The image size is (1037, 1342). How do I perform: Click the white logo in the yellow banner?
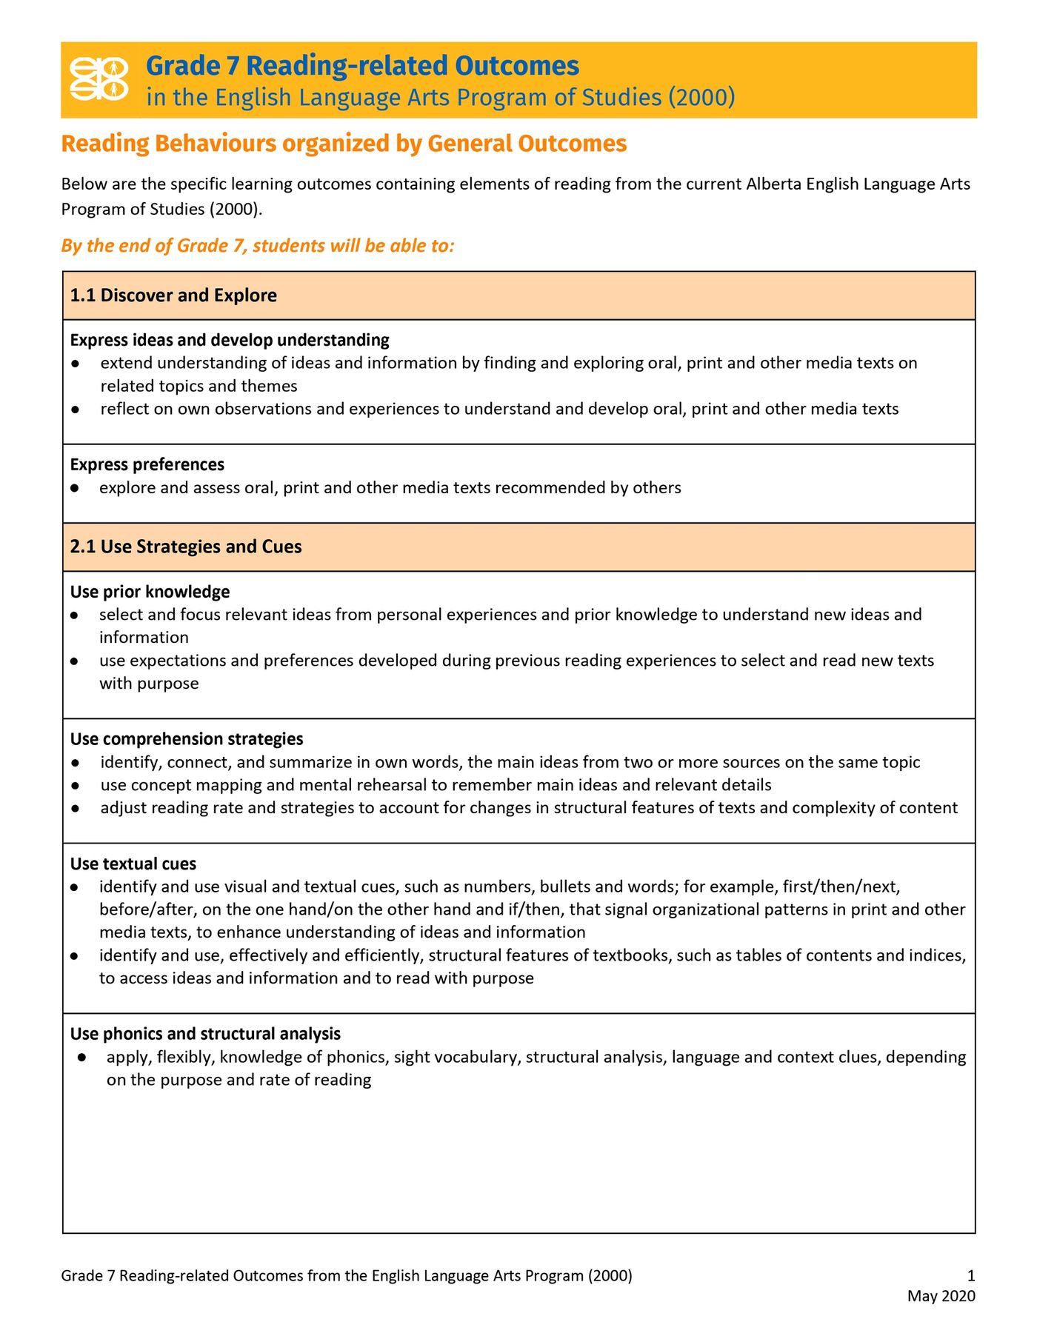[x=99, y=79]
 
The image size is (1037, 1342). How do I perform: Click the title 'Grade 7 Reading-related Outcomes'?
[x=362, y=66]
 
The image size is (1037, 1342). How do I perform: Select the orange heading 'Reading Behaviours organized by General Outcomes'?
[x=344, y=144]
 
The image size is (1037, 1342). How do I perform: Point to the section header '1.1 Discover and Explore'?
[x=173, y=296]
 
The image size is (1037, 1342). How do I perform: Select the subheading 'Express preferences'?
[x=147, y=464]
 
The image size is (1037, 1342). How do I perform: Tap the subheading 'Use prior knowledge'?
[x=150, y=592]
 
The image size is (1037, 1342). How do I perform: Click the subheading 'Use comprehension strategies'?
[x=187, y=739]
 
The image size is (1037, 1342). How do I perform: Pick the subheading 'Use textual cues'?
[x=133, y=864]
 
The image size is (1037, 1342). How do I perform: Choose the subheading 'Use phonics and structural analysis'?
[x=205, y=1034]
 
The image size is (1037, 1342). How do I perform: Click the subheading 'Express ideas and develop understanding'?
[x=230, y=340]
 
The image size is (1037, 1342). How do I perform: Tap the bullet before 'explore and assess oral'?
[x=75, y=488]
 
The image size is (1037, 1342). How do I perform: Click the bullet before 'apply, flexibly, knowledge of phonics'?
[x=82, y=1058]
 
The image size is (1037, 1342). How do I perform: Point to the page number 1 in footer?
[x=971, y=1276]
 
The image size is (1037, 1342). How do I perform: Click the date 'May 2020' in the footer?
[x=941, y=1296]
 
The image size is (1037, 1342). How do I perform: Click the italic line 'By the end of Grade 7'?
[x=258, y=246]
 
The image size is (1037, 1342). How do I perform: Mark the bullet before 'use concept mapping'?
[x=75, y=786]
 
